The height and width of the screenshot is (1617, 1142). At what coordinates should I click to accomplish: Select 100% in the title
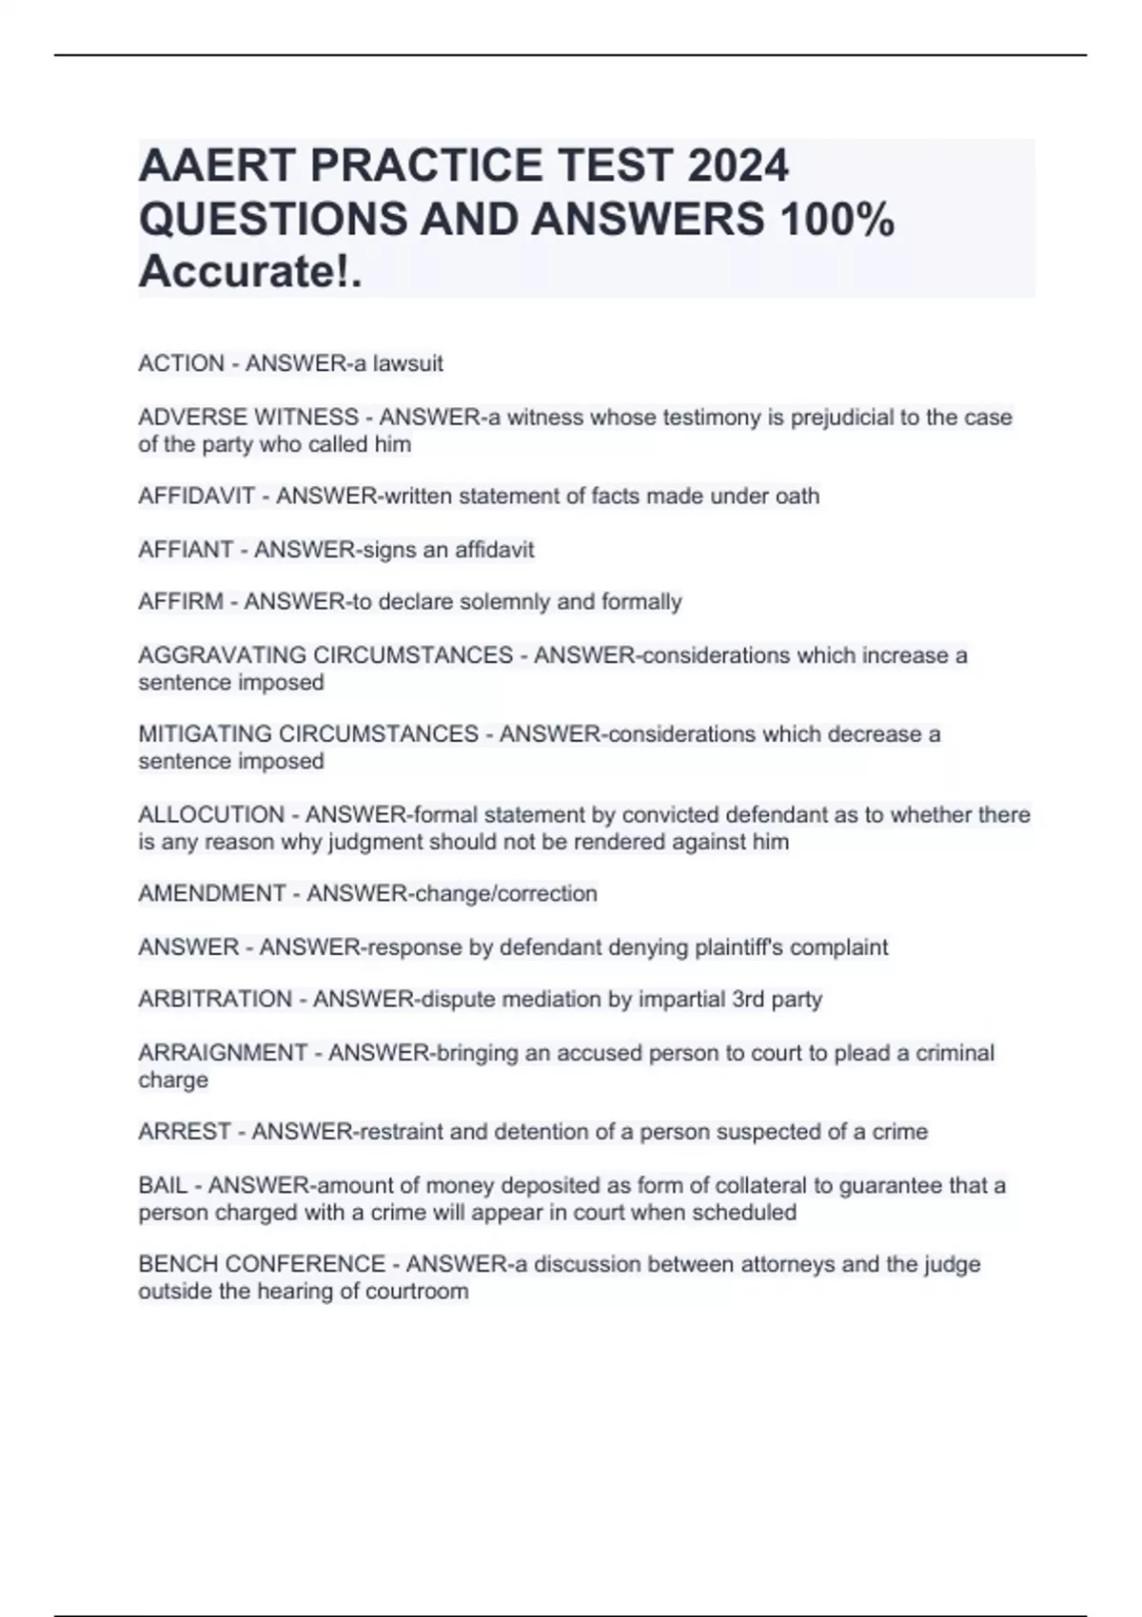837,220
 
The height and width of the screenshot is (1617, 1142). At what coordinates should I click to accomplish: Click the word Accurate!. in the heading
250,273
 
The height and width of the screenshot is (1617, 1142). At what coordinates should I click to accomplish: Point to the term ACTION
181,363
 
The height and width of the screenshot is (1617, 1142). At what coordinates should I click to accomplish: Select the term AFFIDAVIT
196,497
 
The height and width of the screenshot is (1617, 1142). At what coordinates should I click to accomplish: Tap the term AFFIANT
186,550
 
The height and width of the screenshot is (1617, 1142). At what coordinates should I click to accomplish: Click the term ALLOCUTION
211,815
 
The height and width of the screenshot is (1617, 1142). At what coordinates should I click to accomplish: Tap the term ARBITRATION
215,1000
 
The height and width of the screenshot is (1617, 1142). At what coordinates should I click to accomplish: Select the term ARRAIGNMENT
223,1053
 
